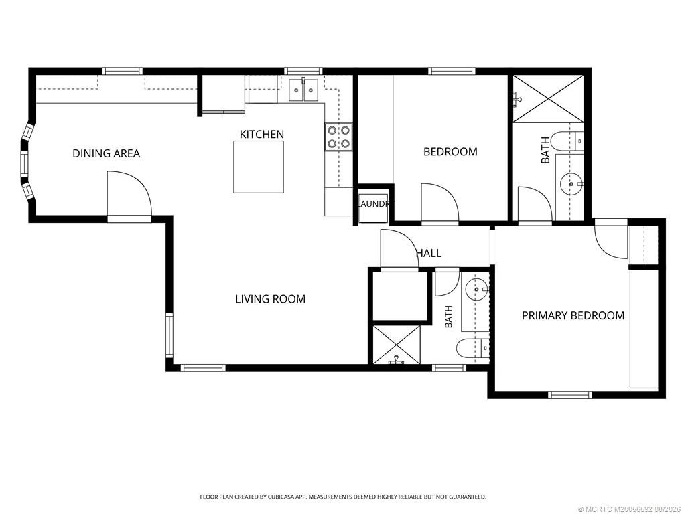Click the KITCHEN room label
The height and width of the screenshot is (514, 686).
pos(262,134)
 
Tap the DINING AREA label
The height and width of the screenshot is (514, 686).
pos(107,153)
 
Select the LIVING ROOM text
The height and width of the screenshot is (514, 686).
pos(271,299)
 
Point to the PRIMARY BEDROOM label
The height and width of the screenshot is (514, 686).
pos(573,315)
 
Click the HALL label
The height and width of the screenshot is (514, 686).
pos(428,253)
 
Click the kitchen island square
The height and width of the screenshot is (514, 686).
pos(259,167)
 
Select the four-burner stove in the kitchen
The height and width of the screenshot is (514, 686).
pos(338,137)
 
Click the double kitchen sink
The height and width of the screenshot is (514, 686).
pos(303,90)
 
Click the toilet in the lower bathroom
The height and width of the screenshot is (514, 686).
pos(472,349)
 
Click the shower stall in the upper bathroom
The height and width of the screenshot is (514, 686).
pos(548,99)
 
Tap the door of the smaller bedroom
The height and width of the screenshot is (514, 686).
pos(439,204)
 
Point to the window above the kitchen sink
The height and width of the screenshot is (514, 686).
pos(303,71)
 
